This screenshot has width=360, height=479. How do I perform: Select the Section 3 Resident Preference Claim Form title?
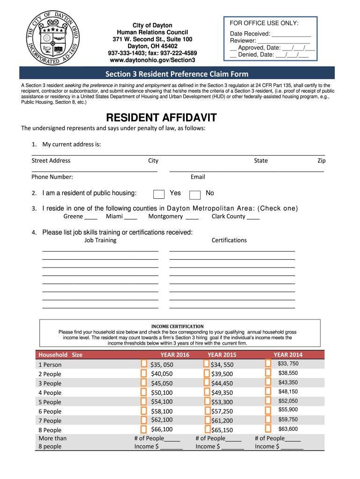[177, 74]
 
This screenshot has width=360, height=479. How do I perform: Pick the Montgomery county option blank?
[192, 217]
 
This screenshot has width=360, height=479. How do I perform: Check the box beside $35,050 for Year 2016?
[144, 364]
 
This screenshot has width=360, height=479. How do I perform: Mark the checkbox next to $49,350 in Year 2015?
[207, 392]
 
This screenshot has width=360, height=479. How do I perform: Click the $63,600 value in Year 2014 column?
[288, 429]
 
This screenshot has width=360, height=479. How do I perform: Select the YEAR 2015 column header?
[222, 355]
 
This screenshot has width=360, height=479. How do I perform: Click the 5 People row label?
[50, 402]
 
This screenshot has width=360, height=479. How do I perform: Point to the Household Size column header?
[60, 355]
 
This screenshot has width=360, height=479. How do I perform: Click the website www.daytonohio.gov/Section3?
[152, 60]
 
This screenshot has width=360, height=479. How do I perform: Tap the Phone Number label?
[52, 177]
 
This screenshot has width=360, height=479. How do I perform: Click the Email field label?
[198, 177]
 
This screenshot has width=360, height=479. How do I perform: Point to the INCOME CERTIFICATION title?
[177, 326]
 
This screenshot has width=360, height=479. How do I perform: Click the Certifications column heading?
[229, 240]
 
